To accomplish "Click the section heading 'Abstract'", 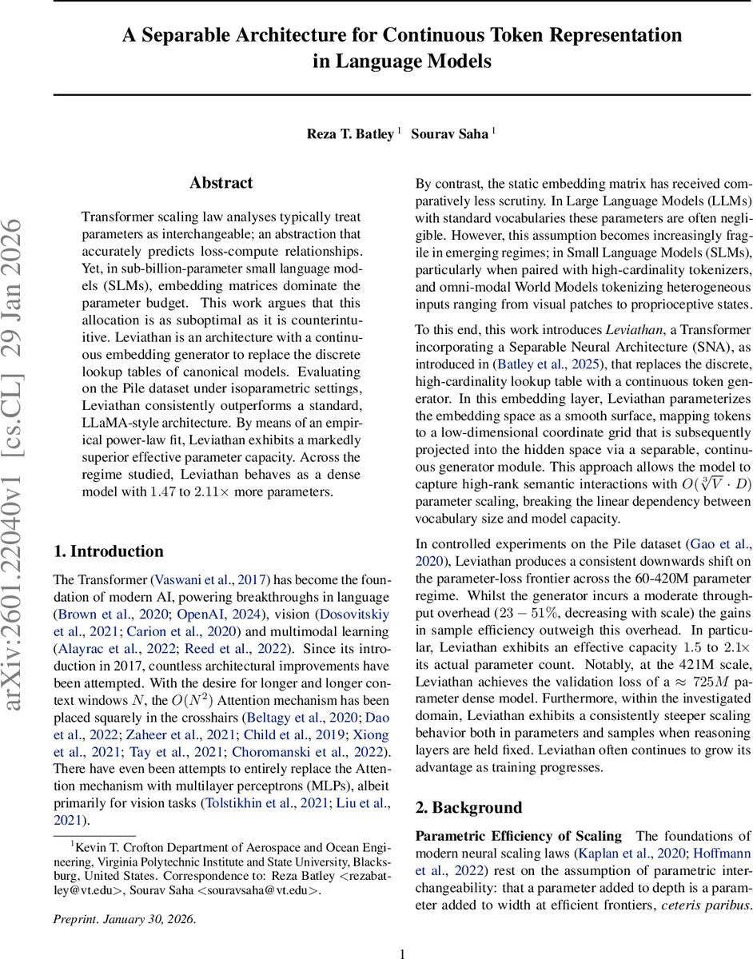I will coord(221,183).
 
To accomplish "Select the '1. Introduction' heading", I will coord(108,551).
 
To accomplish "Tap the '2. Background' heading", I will coord(468,807).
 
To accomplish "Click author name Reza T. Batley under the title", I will coord(350,133).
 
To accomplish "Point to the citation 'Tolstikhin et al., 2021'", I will coord(265,802).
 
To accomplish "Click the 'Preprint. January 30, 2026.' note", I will coord(124,918).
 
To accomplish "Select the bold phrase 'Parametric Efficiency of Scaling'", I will coord(519,836).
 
